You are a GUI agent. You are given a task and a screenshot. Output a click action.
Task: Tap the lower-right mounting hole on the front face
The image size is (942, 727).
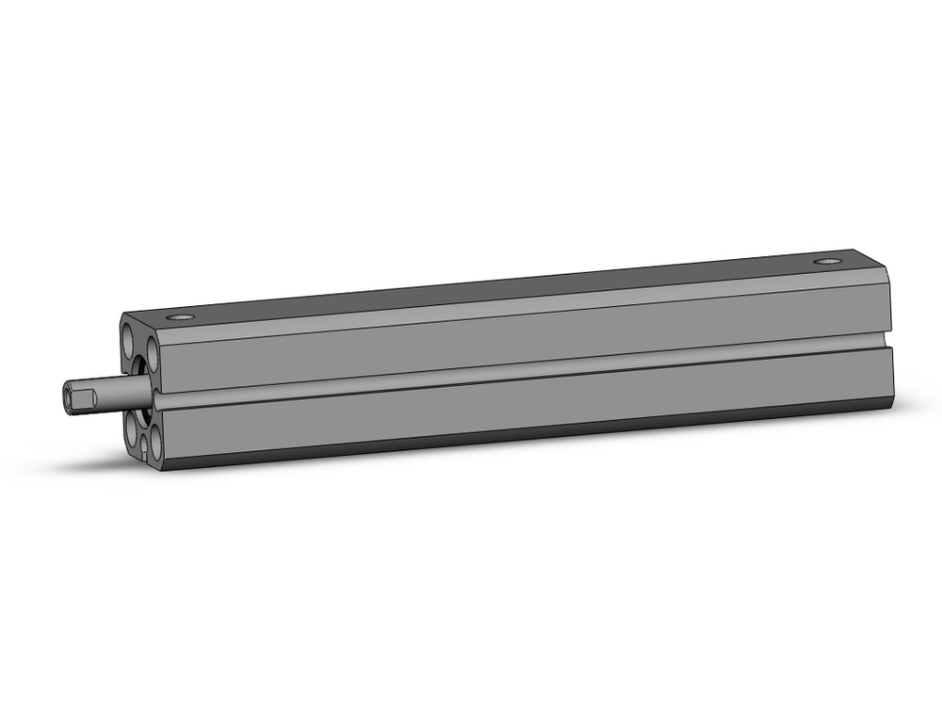pos(152,444)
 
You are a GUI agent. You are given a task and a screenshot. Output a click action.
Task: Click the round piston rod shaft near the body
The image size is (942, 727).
pos(126,388)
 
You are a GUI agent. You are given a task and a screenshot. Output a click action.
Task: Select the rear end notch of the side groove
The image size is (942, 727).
pos(885,343)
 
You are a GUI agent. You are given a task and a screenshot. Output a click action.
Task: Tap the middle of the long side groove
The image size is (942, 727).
pos(518,373)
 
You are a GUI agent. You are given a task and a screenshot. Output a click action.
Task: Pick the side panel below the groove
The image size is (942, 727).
pos(518,405)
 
